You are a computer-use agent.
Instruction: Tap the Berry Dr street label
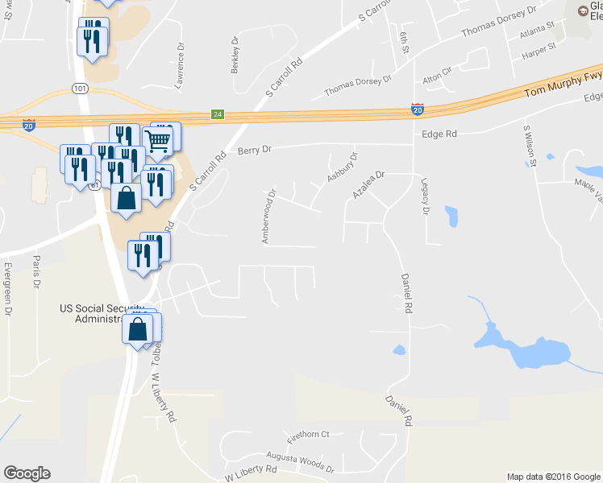(x=256, y=150)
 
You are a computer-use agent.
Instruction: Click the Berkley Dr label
(x=235, y=55)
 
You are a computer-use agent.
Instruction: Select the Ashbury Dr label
(x=341, y=167)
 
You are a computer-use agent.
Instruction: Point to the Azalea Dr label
(x=369, y=184)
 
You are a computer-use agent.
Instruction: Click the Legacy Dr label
(x=423, y=196)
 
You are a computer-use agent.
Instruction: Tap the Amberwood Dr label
(x=268, y=216)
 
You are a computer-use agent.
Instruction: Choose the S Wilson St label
(x=530, y=146)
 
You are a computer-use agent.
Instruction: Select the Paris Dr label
(x=36, y=271)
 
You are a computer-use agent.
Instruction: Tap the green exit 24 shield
(x=217, y=114)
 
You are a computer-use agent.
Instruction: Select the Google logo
(x=27, y=473)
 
